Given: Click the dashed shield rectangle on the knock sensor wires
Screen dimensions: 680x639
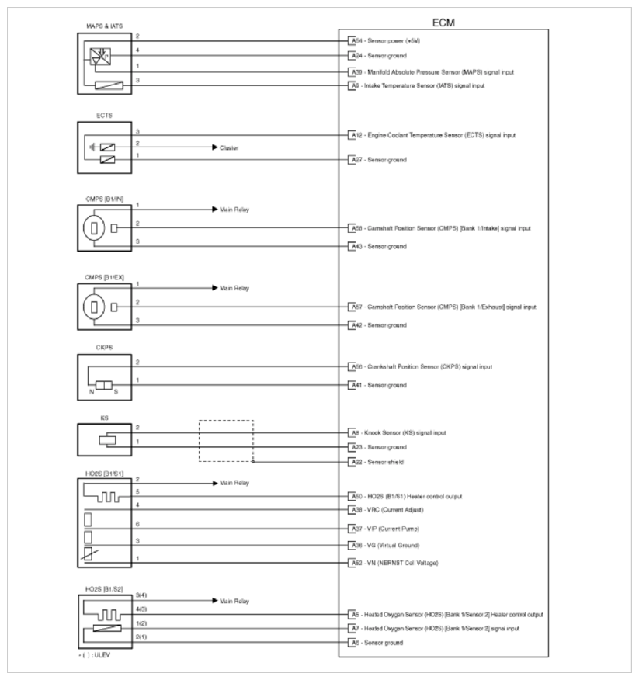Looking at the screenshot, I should (226, 441).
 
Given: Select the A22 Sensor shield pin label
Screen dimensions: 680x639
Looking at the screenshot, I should (380, 462).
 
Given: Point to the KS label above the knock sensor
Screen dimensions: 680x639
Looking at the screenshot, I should (93, 416).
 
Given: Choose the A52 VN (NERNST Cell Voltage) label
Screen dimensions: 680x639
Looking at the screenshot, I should (395, 562).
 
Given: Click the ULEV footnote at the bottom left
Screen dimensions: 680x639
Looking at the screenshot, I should (96, 664).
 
